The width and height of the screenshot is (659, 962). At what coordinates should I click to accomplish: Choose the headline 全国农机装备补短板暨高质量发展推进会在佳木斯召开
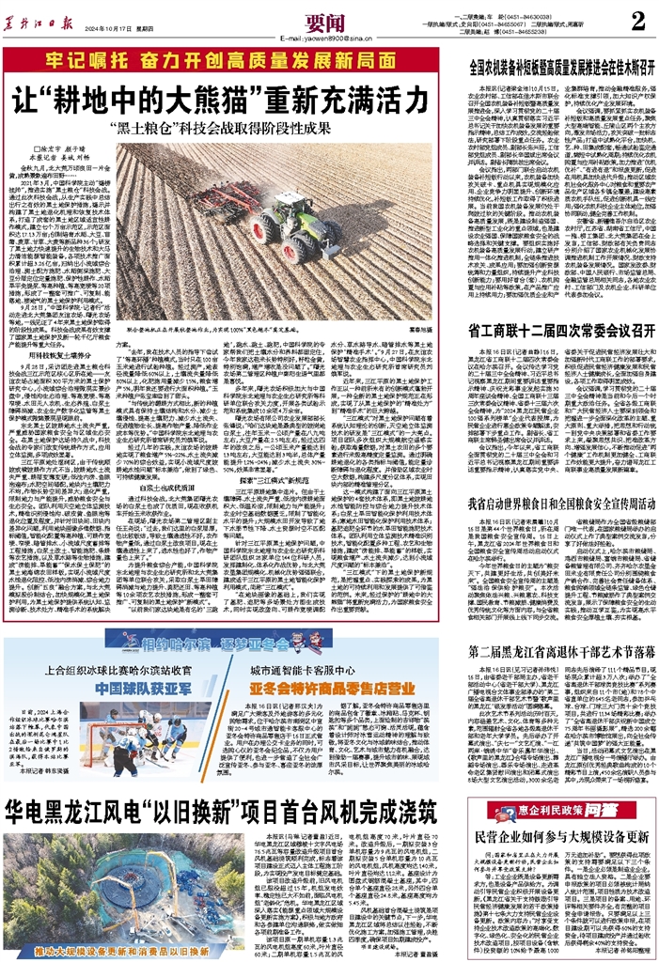click(x=560, y=69)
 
